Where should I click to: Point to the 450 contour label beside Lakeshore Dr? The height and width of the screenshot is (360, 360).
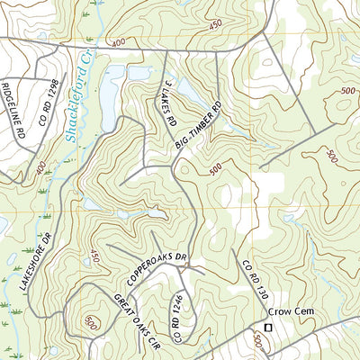point(94,257)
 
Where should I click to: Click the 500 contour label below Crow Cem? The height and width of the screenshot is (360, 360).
point(258,342)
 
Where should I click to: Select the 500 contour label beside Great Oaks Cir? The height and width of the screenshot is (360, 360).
point(90,320)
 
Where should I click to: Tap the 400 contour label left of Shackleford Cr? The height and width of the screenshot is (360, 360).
point(40,167)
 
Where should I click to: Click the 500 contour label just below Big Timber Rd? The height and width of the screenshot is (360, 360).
point(214,167)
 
